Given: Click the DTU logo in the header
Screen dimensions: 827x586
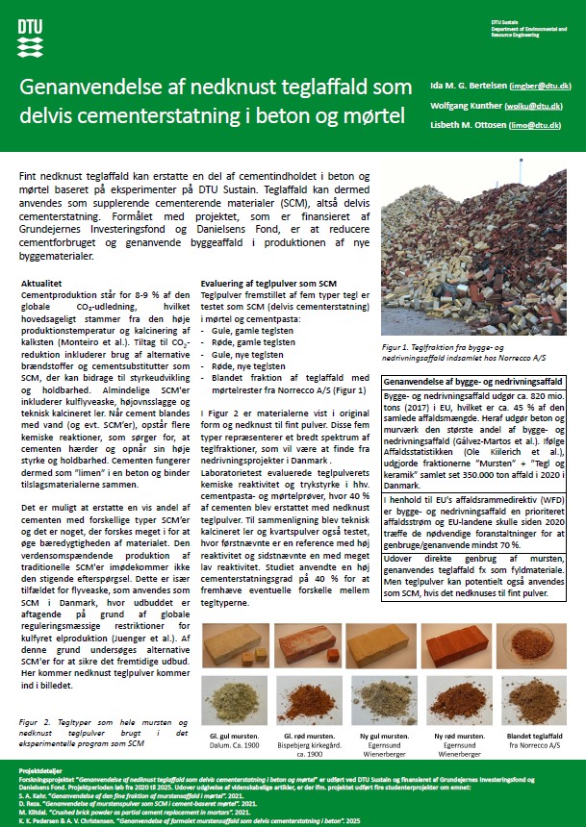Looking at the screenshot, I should pyautogui.click(x=29, y=35).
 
